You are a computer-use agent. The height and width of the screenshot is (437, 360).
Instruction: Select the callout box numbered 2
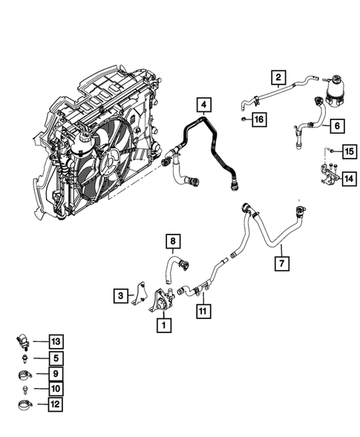[x=278, y=77]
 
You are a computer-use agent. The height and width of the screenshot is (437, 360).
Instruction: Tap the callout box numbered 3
[x=121, y=296]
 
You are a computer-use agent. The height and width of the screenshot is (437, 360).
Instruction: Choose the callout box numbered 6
[x=336, y=126]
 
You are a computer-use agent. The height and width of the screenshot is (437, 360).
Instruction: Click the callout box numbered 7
[x=282, y=263]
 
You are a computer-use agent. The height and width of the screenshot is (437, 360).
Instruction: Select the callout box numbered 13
[x=55, y=341]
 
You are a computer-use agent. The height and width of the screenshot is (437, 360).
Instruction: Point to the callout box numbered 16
[x=259, y=119]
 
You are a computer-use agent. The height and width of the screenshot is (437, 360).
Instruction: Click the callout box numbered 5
[x=55, y=358]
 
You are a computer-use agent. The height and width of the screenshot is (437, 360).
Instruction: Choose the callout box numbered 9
[x=55, y=373]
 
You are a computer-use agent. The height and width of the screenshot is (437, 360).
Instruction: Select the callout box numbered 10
[x=55, y=389]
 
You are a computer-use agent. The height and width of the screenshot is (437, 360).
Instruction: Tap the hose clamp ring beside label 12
[x=25, y=405]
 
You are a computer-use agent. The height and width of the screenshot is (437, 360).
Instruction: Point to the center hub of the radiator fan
[x=113, y=158]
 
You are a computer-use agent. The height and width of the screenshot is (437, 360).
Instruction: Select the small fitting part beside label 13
[x=24, y=342]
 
